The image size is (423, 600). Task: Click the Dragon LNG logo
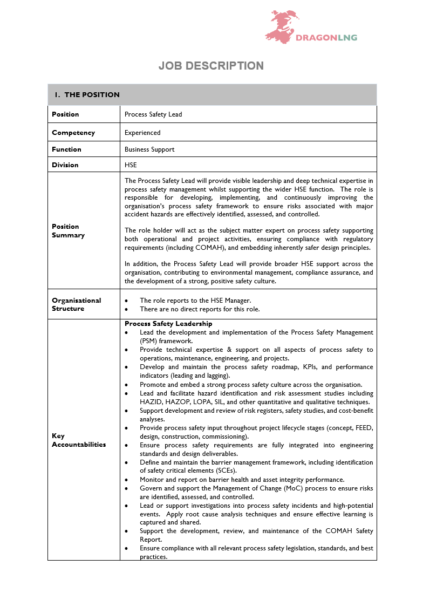[310, 28]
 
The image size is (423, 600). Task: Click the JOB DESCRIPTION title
[211, 66]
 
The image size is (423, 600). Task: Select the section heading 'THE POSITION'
[92, 95]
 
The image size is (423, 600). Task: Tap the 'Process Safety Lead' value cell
[153, 114]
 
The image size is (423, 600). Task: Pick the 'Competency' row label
[73, 133]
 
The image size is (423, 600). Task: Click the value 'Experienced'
[142, 133]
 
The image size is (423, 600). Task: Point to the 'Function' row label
[66, 149]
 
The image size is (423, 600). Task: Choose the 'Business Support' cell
[149, 149]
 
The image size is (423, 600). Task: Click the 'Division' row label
[65, 165]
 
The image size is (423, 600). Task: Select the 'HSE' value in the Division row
[131, 165]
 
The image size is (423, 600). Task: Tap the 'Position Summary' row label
[68, 231]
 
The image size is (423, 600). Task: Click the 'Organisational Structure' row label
[76, 304]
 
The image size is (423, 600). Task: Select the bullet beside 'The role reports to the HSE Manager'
[126, 301]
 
